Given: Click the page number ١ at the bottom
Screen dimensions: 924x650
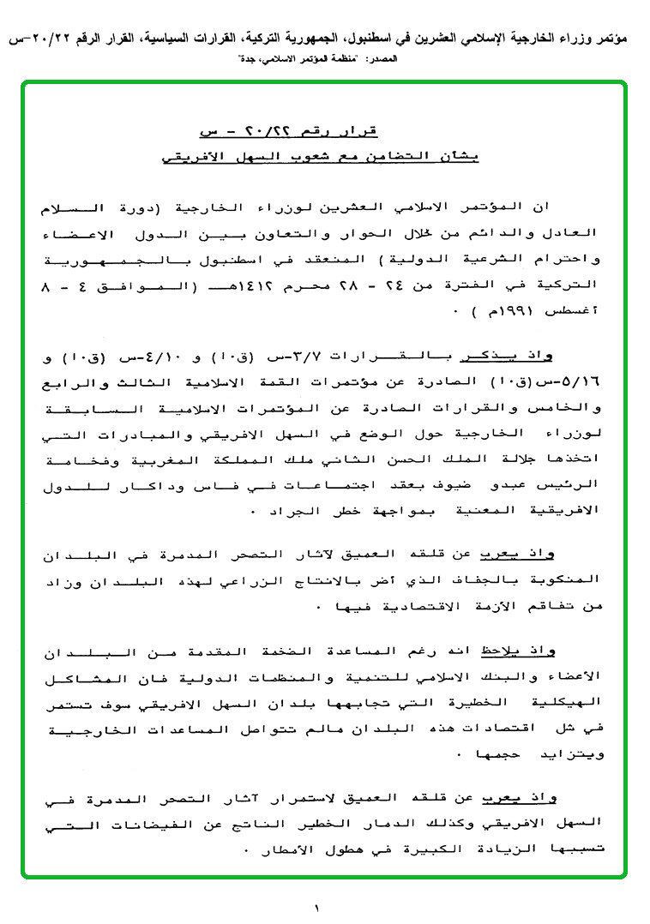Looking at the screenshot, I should click(316, 906).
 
